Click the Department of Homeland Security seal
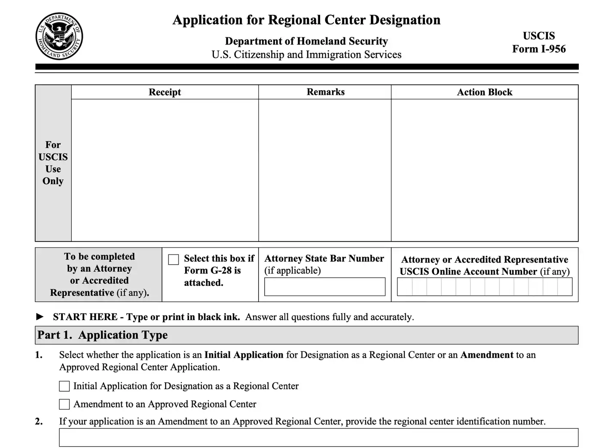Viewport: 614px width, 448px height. tap(59, 36)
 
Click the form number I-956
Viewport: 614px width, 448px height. tap(539, 49)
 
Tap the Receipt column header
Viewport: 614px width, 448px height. tap(165, 92)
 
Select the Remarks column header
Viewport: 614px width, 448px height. tap(325, 92)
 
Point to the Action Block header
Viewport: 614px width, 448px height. tap(484, 92)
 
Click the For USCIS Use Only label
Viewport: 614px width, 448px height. tap(53, 163)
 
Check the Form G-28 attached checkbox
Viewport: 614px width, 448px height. tap(174, 260)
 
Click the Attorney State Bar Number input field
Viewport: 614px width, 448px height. tap(324, 287)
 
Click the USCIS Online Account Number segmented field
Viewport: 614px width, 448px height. tap(484, 287)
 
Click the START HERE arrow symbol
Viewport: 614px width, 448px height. tap(40, 317)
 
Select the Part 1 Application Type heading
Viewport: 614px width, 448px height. tap(103, 335)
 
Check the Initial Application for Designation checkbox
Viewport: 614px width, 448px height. tap(64, 386)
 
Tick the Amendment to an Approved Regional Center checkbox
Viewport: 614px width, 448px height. tap(64, 404)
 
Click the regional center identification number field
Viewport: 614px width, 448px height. tap(318, 437)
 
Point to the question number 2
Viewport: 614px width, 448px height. tap(39, 421)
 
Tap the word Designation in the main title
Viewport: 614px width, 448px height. tap(405, 20)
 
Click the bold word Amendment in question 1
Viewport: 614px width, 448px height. tap(486, 355)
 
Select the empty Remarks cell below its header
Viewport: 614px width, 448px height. tap(325, 170)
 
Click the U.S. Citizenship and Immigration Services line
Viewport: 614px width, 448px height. tap(306, 55)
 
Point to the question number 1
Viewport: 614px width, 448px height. tap(39, 355)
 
